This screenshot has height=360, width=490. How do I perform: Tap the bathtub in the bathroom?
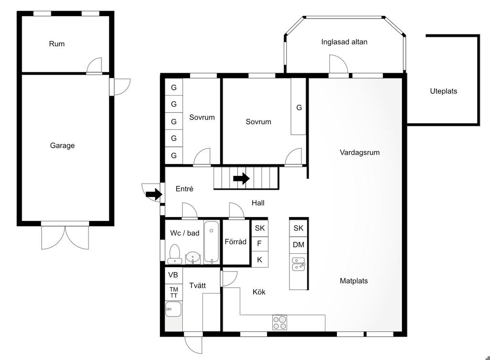click(212, 242)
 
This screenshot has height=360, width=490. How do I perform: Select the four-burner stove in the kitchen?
click(279, 323)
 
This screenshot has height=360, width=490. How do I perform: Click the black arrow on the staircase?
click(241, 179)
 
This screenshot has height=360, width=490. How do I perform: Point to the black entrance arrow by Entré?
click(154, 195)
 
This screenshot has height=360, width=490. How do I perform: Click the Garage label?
click(62, 145)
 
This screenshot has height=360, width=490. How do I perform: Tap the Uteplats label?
click(444, 91)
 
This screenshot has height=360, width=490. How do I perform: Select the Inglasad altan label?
click(344, 42)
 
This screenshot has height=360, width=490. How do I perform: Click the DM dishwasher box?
click(299, 244)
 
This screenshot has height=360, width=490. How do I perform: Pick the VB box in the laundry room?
click(173, 275)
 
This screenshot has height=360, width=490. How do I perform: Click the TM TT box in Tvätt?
click(173, 293)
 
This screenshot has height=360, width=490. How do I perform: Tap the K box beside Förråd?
click(260, 260)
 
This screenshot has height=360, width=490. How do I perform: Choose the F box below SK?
click(259, 243)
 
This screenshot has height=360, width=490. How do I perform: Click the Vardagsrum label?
click(360, 153)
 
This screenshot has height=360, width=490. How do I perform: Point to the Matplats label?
click(354, 281)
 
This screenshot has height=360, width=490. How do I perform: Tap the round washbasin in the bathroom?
click(193, 258)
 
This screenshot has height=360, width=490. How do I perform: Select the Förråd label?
click(235, 241)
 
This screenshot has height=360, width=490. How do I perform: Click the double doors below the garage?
click(65, 237)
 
